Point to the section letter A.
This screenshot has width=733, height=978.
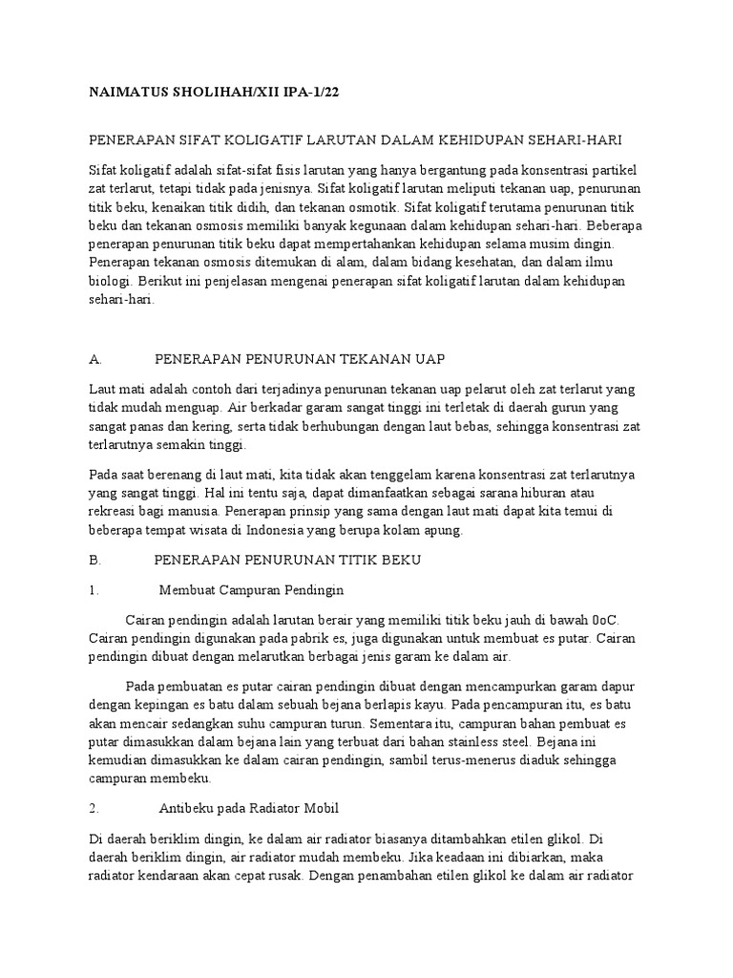94,359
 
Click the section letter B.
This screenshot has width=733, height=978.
94,558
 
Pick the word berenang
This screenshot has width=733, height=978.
178,474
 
